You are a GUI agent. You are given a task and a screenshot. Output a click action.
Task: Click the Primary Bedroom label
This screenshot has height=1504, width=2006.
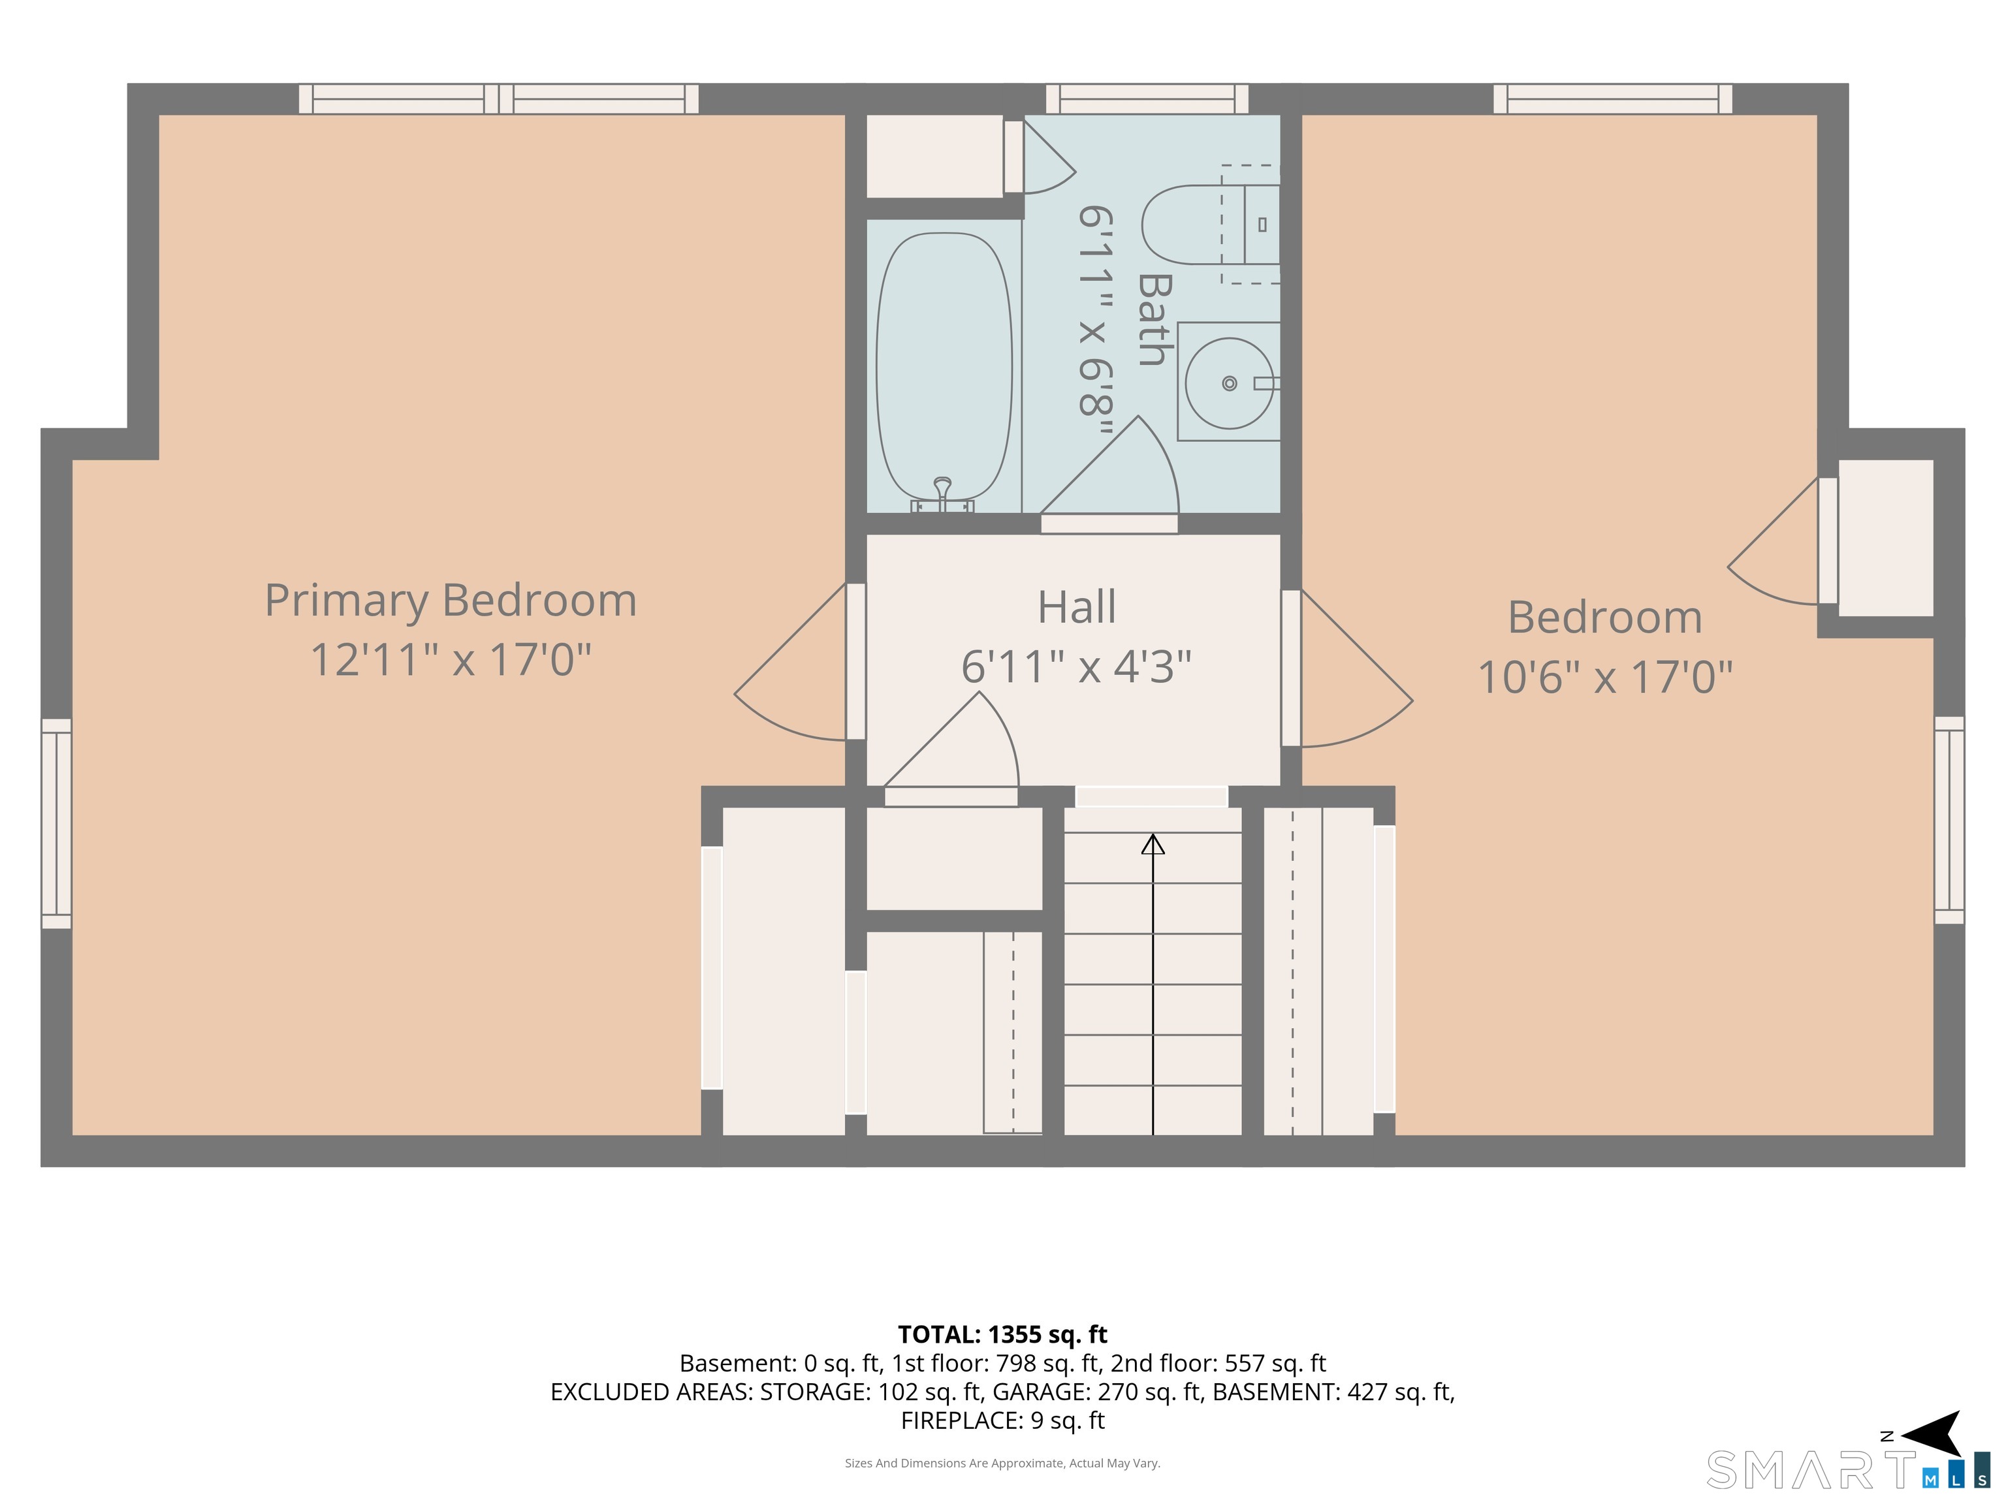451,602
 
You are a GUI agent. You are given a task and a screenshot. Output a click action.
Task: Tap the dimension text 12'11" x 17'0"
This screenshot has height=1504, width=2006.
451,659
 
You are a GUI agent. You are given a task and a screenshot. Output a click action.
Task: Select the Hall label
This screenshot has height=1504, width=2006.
1076,607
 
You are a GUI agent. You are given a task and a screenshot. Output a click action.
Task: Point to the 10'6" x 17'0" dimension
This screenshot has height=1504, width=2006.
1605,676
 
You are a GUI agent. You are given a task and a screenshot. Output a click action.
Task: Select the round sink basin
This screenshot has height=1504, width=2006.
1229,383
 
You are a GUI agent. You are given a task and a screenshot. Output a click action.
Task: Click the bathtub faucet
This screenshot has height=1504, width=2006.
943,495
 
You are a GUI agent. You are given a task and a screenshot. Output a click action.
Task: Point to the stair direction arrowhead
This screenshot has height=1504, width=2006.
1153,845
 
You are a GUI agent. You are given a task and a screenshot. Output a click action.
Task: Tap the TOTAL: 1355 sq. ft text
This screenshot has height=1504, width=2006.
1002,1334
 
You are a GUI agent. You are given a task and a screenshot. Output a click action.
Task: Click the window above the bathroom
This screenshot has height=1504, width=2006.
1147,99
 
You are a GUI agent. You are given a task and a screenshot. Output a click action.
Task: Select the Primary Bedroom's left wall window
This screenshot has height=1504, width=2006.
56,823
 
